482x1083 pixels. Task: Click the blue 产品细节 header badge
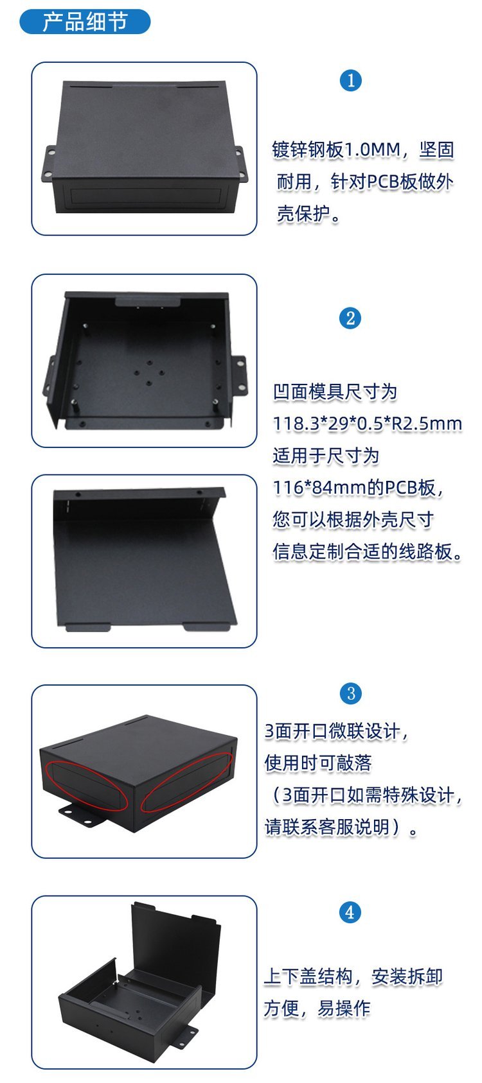tap(85, 22)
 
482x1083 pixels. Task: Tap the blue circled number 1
tap(351, 80)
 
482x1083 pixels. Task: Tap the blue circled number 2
tap(350, 318)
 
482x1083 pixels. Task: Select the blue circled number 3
tap(351, 693)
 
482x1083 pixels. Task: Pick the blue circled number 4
tap(350, 912)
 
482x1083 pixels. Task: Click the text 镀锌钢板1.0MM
tap(336, 150)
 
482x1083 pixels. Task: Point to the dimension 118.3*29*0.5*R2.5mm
tap(368, 424)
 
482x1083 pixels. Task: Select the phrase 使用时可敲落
tap(318, 763)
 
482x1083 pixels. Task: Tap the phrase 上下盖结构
tap(308, 976)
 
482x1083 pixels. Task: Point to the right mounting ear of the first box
tap(240, 164)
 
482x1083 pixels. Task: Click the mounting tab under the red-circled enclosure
tap(84, 817)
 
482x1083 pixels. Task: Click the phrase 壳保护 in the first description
tap(303, 214)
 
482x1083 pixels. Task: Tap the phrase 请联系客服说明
tap(327, 827)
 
